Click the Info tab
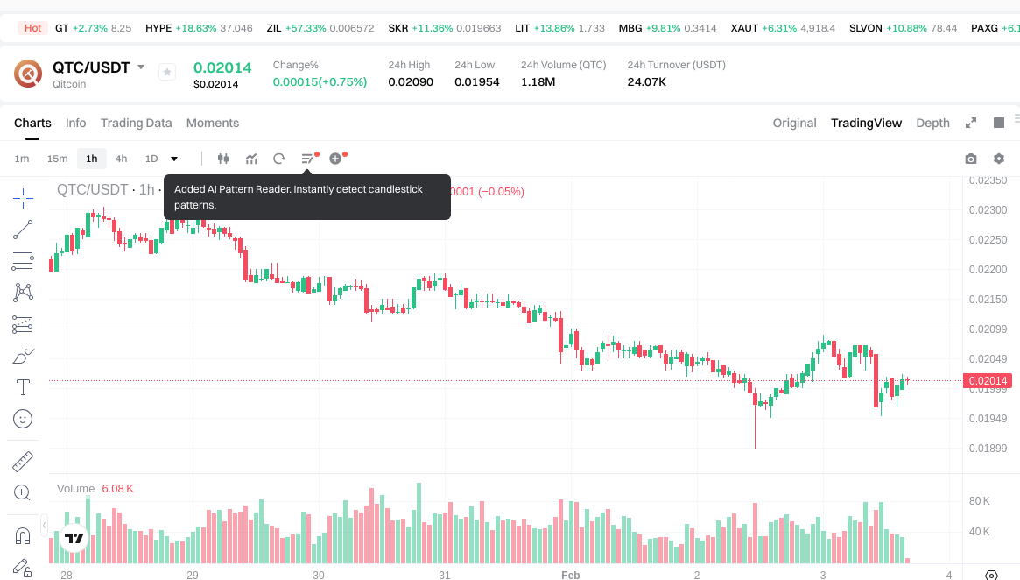76,123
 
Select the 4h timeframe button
121,159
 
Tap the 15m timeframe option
57,159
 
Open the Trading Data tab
136,123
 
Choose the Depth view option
932,123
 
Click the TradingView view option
866,123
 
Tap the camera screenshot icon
970,159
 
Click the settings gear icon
998,159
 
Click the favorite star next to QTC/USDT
167,73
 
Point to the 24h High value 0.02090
411,81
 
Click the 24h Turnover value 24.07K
647,81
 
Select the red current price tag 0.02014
988,380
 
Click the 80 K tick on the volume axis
979,501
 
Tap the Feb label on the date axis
571,575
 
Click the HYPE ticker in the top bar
158,28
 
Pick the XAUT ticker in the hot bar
744,28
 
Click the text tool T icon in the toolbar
23,387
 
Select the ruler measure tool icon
23,461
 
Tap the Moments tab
213,123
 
